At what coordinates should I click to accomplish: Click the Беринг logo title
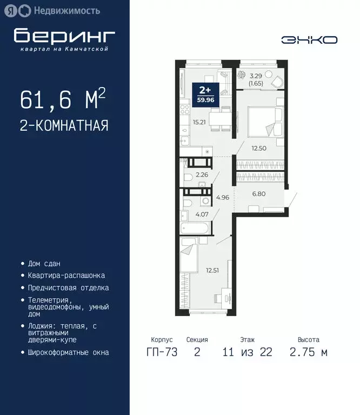[64, 36]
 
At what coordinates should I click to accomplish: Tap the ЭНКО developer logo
[309, 40]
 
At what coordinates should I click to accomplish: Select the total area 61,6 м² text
[62, 99]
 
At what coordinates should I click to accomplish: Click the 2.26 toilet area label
[202, 175]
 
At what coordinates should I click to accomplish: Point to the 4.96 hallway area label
[222, 197]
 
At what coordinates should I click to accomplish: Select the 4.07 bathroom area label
[202, 215]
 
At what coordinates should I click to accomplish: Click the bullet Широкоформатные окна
[68, 352]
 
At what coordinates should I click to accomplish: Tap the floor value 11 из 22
[247, 352]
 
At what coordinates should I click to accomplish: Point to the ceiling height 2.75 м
[308, 352]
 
